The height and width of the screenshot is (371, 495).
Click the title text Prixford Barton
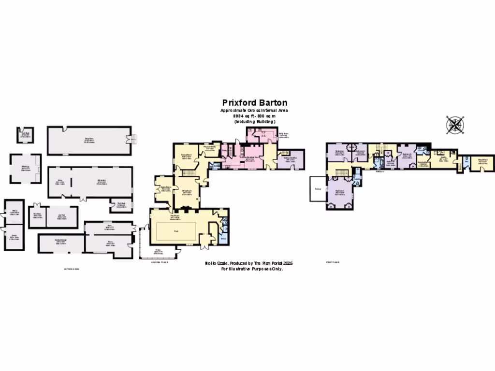255,102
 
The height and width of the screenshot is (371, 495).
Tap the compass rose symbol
455,124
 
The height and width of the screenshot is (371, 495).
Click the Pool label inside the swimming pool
175,231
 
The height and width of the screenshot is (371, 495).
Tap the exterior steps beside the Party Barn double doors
134,140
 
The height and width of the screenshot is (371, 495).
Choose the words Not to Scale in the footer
212,263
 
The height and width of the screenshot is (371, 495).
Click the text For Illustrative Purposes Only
252,269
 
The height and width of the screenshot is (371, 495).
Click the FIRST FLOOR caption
333,262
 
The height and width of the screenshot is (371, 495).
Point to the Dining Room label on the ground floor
186,156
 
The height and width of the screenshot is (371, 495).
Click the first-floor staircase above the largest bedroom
342,172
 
